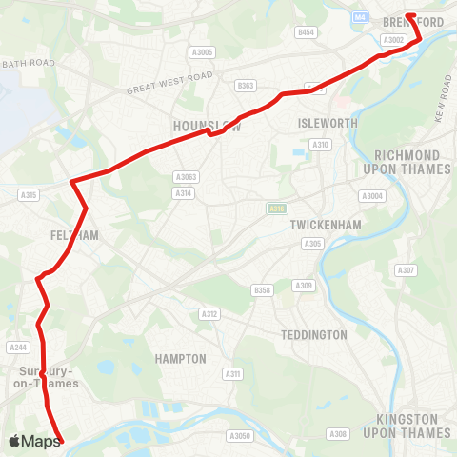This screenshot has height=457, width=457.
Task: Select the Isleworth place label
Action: pos(327,124)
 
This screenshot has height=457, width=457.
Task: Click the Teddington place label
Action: pos(314,335)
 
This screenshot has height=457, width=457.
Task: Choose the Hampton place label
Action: pos(181,359)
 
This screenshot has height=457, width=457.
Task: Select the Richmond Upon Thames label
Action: pos(407,162)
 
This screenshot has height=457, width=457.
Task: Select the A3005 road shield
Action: pos(202,52)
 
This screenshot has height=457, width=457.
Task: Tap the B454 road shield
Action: pos(306,32)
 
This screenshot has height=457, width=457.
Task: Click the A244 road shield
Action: pos(17,348)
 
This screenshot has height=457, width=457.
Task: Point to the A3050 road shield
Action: pos(239,435)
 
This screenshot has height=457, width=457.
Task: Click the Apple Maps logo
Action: pos(33,441)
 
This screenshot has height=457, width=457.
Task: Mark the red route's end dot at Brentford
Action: pos(411,15)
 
